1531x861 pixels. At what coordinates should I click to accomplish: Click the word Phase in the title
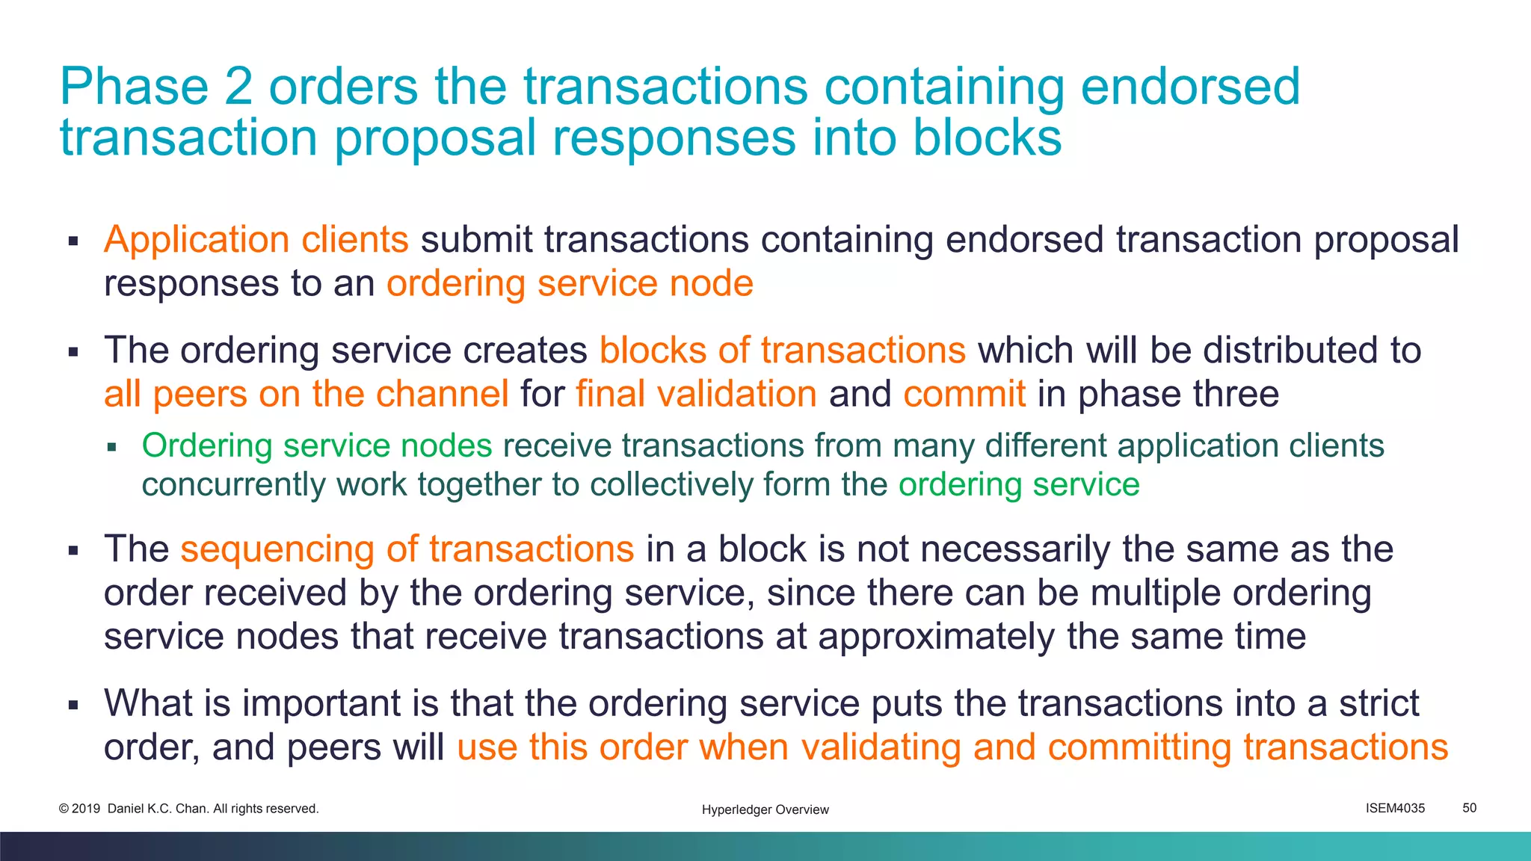pos(134,87)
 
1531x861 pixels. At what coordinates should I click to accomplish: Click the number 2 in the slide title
pos(238,87)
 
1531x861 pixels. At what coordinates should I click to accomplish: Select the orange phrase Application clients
pos(256,240)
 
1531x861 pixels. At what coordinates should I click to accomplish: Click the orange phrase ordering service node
pos(570,284)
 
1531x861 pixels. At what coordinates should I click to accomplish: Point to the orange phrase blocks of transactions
pos(783,350)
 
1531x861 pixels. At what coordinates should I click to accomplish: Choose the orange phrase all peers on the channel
pos(306,394)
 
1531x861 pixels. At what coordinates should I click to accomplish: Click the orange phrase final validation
pos(696,394)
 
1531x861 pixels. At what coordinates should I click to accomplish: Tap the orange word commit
pos(964,394)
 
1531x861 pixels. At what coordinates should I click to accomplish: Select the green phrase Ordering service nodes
pos(317,445)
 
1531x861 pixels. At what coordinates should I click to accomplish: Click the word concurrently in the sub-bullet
pos(233,485)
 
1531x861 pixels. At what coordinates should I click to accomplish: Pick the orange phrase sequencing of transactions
pos(407,549)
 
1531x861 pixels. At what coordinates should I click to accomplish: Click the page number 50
pos(1469,808)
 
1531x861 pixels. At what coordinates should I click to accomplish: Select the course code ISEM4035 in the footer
pos(1395,808)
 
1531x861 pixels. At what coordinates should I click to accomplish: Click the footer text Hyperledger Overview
pos(765,809)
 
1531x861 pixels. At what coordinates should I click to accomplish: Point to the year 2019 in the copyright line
pos(86,809)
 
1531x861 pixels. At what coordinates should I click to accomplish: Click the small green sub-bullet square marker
pos(112,448)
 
